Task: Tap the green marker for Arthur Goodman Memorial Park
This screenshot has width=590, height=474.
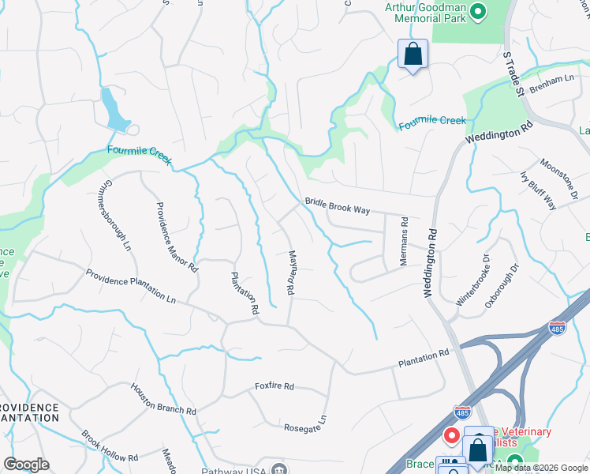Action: [x=478, y=11]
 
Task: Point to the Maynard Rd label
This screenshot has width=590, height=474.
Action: [x=290, y=273]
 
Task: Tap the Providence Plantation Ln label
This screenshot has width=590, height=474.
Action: [x=131, y=287]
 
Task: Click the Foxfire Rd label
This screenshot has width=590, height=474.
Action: [x=274, y=386]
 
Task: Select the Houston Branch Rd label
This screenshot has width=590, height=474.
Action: [x=163, y=399]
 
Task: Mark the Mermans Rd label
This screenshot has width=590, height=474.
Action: [x=404, y=241]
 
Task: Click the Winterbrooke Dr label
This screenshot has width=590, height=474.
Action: [x=473, y=280]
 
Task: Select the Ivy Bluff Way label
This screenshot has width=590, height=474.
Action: [x=539, y=190]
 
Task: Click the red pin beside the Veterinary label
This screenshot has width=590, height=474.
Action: [x=452, y=435]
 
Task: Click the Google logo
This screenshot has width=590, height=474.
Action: [x=26, y=465]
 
